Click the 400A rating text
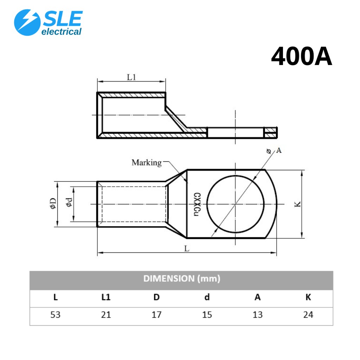point(301,56)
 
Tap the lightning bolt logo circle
point(27,22)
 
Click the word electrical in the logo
point(61,32)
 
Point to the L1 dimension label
point(131,77)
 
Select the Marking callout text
point(147,162)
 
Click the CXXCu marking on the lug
point(197,204)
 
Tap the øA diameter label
point(274,150)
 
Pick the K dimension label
point(297,204)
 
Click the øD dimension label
point(53,204)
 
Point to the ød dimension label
point(69,202)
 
